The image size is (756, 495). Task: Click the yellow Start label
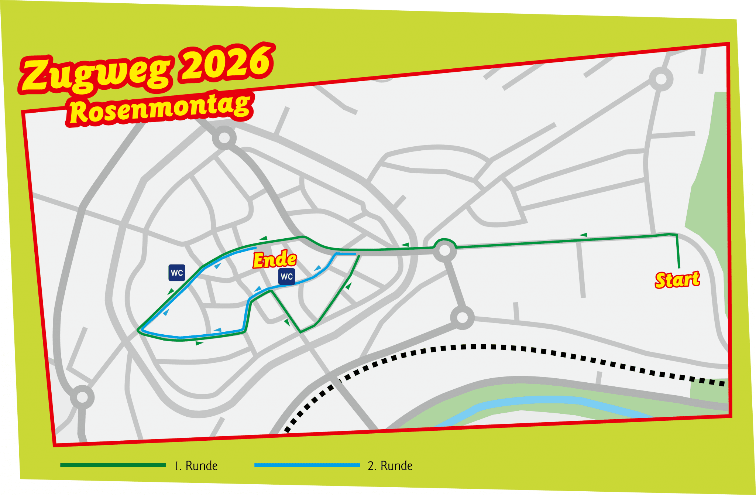[677, 280]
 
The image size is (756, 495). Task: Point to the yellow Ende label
[275, 260]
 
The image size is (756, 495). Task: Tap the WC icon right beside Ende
[287, 276]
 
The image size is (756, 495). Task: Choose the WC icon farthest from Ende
[177, 273]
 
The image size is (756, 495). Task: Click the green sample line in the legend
[113, 465]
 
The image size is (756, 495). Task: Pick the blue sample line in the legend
[307, 465]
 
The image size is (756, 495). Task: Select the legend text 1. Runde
[196, 466]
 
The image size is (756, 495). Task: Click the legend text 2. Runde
[390, 466]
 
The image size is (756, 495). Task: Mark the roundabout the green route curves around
[445, 250]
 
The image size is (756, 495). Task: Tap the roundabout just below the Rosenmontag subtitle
[224, 138]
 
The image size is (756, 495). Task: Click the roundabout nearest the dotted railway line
[462, 317]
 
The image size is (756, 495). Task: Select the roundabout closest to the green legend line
[82, 397]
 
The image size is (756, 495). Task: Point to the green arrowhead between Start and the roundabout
[583, 235]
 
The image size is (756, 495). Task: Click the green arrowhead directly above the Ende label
[263, 238]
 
